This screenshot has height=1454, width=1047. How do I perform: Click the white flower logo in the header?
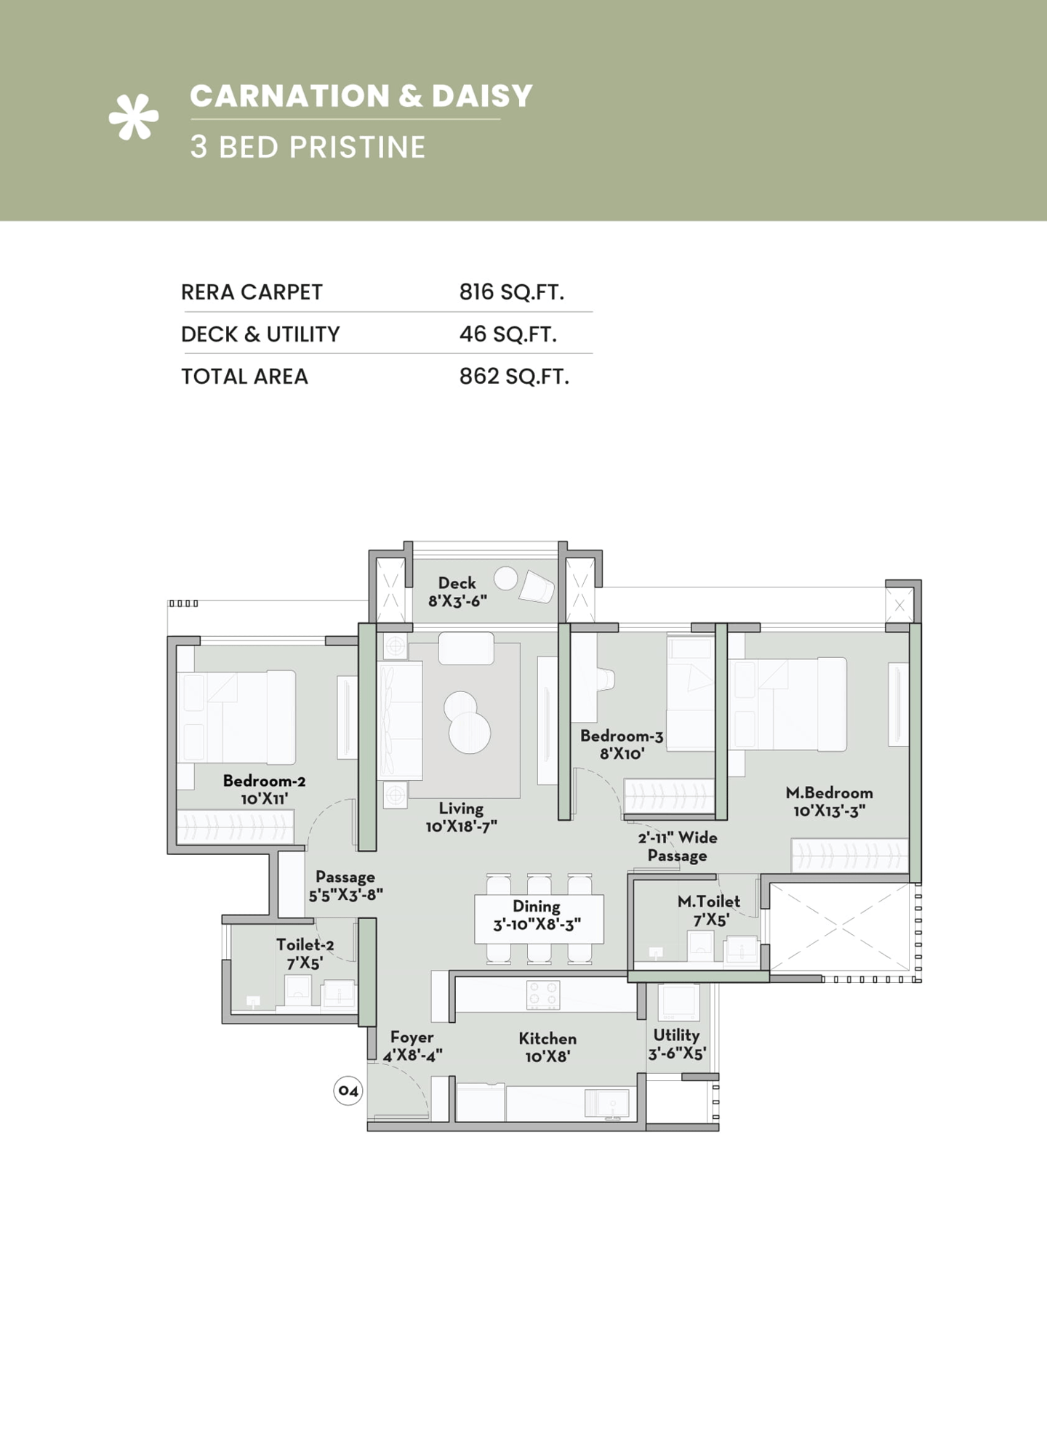(x=134, y=117)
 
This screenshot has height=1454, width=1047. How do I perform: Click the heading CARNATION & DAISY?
(x=361, y=96)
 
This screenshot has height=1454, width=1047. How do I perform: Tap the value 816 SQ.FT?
(x=511, y=292)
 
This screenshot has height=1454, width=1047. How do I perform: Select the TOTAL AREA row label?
(x=244, y=377)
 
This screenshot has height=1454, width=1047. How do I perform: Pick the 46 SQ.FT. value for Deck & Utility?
(x=508, y=334)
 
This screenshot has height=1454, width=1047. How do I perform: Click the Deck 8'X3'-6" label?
(x=457, y=592)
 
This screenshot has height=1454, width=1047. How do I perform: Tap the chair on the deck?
(x=537, y=586)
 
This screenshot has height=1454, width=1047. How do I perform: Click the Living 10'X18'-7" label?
(x=461, y=817)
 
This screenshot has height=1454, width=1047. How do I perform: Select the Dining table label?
(x=537, y=915)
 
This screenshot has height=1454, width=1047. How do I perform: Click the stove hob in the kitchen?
(x=543, y=995)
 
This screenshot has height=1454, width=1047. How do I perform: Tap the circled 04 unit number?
(x=348, y=1091)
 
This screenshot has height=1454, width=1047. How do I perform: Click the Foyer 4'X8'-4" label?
(x=412, y=1046)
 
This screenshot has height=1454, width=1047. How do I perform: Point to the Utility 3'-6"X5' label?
(x=676, y=1044)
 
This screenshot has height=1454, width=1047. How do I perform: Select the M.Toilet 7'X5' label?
(x=709, y=910)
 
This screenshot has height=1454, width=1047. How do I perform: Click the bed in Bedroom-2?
(x=236, y=718)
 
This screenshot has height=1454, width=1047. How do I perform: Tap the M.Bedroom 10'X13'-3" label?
(x=829, y=801)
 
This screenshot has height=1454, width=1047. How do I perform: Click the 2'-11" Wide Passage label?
(x=678, y=846)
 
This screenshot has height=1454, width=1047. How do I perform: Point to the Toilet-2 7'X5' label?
(x=305, y=954)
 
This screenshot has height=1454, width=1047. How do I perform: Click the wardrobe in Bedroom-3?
(x=669, y=795)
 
